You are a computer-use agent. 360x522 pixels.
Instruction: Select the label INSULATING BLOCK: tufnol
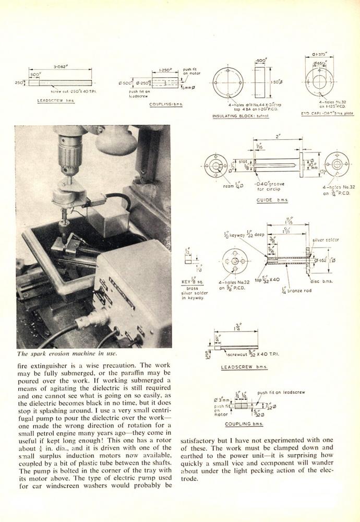pyautogui.click(x=240, y=116)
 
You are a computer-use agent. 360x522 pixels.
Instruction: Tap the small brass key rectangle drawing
pyautogui.click(x=187, y=257)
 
